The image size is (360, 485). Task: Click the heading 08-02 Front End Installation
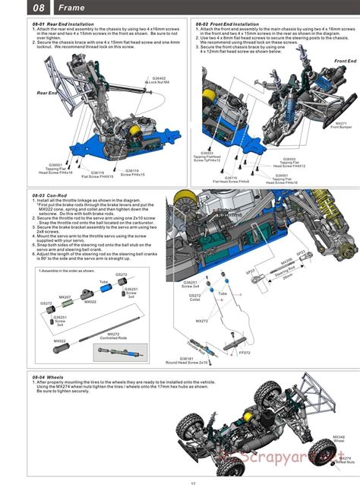[227, 24]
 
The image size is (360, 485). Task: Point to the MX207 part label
[66, 296]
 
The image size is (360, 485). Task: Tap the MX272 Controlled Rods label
[113, 335]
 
